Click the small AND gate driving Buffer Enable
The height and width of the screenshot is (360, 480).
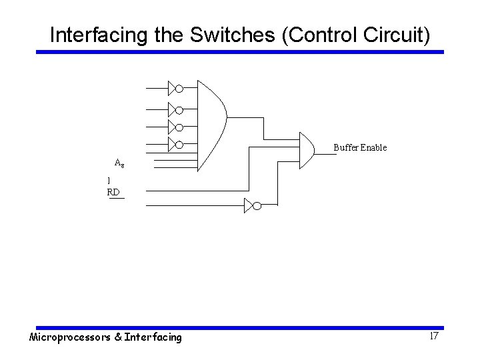(307, 149)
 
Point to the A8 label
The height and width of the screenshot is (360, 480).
(119, 163)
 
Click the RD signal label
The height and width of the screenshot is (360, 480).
(113, 192)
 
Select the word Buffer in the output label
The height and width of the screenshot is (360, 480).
(345, 147)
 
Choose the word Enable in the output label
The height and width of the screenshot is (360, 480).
(373, 147)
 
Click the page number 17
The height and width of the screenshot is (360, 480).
(433, 336)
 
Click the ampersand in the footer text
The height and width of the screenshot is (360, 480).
(118, 337)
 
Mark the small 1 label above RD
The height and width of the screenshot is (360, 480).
(109, 181)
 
